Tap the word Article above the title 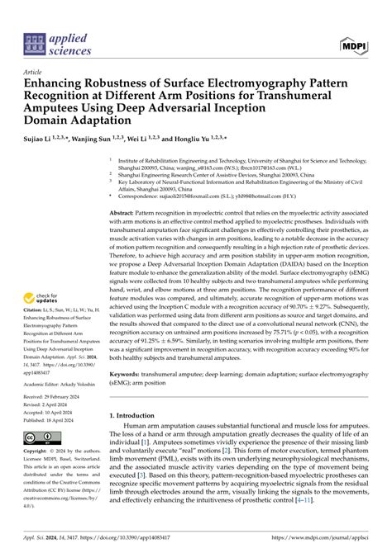[x=34, y=72]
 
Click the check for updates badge [x=45, y=299]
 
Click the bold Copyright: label [x=40, y=453]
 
